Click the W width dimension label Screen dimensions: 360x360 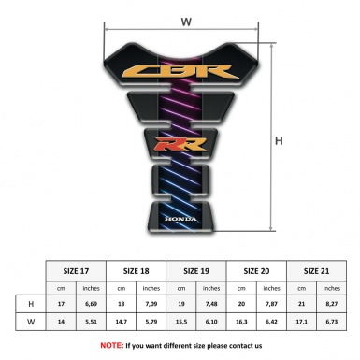click(x=186, y=21)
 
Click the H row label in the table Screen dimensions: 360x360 click(x=32, y=304)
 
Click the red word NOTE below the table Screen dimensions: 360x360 click(x=111, y=345)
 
